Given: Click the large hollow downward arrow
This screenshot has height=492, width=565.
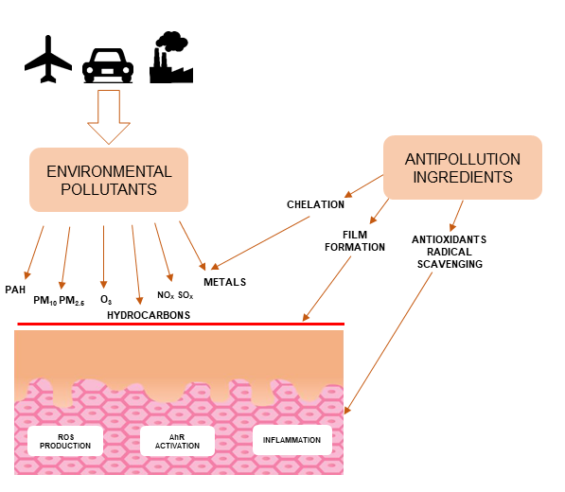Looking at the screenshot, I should [110, 116].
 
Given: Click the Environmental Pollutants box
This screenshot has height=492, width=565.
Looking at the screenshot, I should [109, 180].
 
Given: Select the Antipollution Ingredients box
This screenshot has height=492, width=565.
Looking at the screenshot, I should [462, 167].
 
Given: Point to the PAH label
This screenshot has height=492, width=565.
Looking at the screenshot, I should [15, 290].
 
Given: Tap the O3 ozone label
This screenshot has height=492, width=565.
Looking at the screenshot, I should [106, 300].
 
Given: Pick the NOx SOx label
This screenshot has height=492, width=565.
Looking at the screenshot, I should [175, 295].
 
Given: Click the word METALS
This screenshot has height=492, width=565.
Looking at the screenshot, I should [225, 282].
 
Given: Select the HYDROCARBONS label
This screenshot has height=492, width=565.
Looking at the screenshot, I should [149, 314].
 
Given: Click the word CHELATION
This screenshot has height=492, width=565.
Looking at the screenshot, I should [316, 204].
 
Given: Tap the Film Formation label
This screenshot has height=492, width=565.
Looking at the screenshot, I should [363, 240].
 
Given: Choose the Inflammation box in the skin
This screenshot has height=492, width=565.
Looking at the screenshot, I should [292, 439].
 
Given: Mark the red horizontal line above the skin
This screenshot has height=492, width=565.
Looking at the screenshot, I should [180, 325].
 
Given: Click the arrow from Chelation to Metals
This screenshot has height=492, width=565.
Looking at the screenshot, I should [266, 241].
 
